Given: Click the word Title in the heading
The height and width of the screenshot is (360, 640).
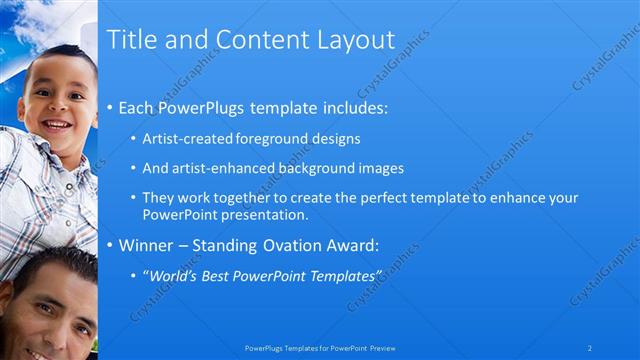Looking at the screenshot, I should (x=132, y=40).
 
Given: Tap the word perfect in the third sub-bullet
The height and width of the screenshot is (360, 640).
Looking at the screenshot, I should (x=378, y=198).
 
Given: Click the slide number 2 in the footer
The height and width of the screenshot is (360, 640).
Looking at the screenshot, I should (x=590, y=347).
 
